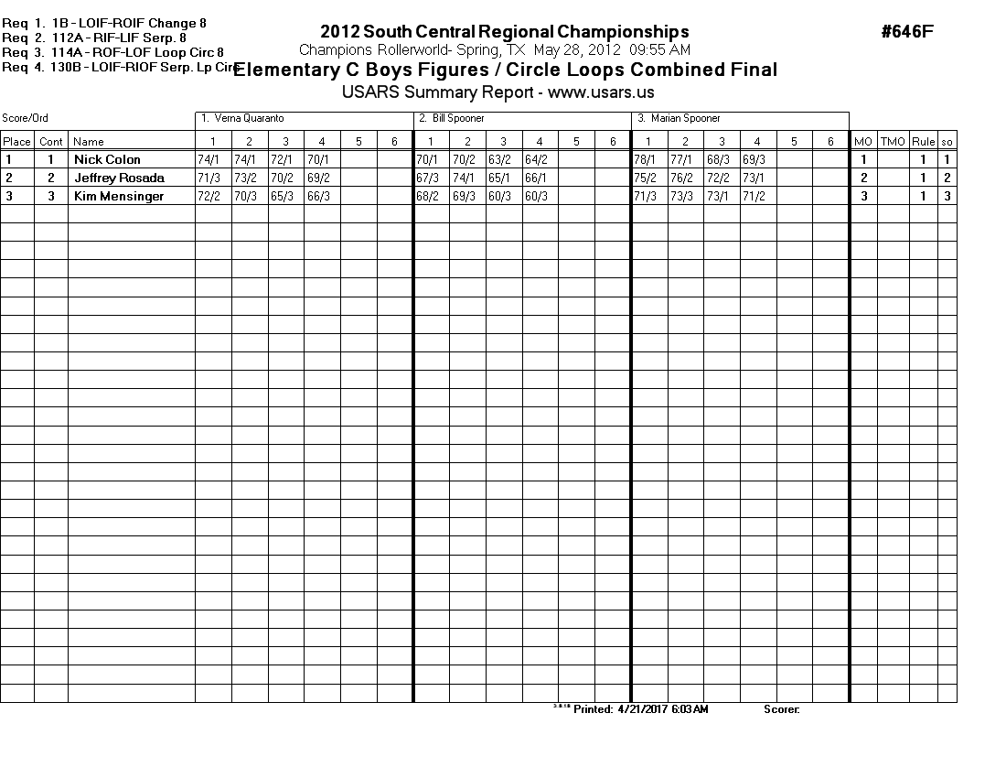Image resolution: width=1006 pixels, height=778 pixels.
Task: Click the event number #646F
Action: click(907, 32)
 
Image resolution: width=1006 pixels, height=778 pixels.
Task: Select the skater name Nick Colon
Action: click(107, 159)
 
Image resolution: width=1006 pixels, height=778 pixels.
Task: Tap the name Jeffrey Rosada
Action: click(119, 178)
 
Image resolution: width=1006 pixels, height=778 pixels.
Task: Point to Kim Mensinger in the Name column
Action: click(119, 196)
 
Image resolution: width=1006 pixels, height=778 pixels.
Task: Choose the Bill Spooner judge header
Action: click(458, 118)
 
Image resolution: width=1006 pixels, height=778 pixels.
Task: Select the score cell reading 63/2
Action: click(499, 159)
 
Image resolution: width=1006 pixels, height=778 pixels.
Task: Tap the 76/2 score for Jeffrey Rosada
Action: click(681, 178)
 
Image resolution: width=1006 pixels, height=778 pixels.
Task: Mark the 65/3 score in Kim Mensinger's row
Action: click(281, 196)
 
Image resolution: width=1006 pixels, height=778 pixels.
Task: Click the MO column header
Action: click(862, 142)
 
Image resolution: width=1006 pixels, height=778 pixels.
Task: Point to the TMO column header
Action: click(893, 142)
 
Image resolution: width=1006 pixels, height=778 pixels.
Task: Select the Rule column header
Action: click(923, 142)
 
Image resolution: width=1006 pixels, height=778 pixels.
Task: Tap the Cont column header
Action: click(51, 142)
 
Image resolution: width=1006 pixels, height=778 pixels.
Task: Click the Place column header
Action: click(16, 142)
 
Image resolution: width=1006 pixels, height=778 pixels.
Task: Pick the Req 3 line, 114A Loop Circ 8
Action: click(114, 52)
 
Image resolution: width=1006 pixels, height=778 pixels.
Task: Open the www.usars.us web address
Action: click(601, 92)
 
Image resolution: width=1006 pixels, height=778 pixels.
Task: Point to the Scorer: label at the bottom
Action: click(781, 709)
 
